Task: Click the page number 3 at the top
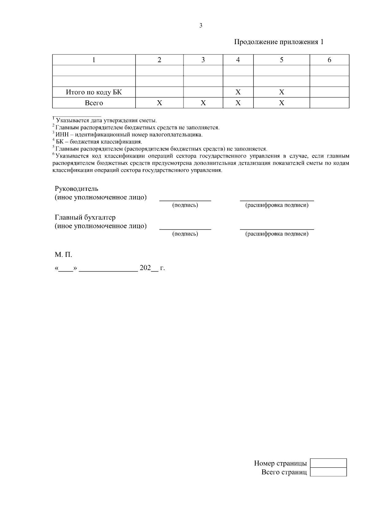201,26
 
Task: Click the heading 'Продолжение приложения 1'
279,42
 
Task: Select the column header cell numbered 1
94,60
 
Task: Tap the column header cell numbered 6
329,60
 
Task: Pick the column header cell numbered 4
238,60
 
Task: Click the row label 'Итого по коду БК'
94,92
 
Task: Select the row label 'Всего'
94,103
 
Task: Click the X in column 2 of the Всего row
159,103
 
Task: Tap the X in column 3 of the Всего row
203,103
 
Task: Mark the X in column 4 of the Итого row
238,92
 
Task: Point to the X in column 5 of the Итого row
282,92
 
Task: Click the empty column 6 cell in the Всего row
329,103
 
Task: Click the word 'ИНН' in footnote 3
61,135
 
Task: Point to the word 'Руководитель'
76,189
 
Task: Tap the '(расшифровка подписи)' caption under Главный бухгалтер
277,234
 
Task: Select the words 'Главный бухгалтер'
85,217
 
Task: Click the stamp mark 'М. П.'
63,254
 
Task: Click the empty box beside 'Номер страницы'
328,463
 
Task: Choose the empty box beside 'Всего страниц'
328,472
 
